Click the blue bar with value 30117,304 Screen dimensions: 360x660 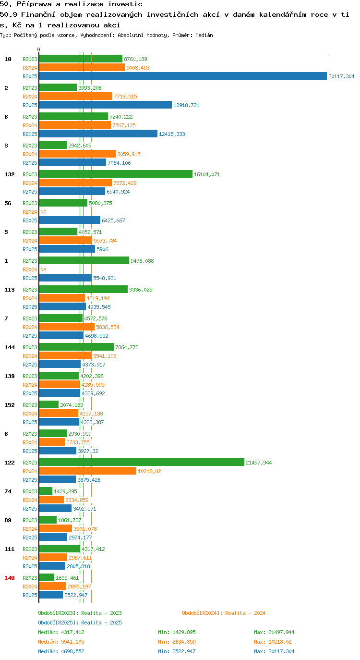point(183,76)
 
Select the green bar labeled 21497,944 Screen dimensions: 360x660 point(142,462)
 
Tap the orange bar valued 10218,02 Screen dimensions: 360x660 point(88,471)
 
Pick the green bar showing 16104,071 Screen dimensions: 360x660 point(116,174)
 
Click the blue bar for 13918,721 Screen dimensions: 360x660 point(106,105)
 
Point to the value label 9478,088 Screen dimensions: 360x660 point(142,261)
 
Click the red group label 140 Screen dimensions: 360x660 point(10,578)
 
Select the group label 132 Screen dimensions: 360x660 point(10,174)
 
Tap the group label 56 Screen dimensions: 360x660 point(8,203)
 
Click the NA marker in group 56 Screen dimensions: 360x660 point(43,212)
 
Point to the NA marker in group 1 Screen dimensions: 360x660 point(43,269)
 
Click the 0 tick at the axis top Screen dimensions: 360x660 point(38,49)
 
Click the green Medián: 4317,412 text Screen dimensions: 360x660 point(61,632)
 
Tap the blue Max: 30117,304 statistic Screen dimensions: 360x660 point(274,651)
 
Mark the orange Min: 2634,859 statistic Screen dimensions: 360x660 point(177,642)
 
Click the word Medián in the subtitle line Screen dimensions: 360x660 point(204,35)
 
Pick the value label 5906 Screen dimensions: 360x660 point(102,249)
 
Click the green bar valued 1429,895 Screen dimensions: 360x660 point(46,491)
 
